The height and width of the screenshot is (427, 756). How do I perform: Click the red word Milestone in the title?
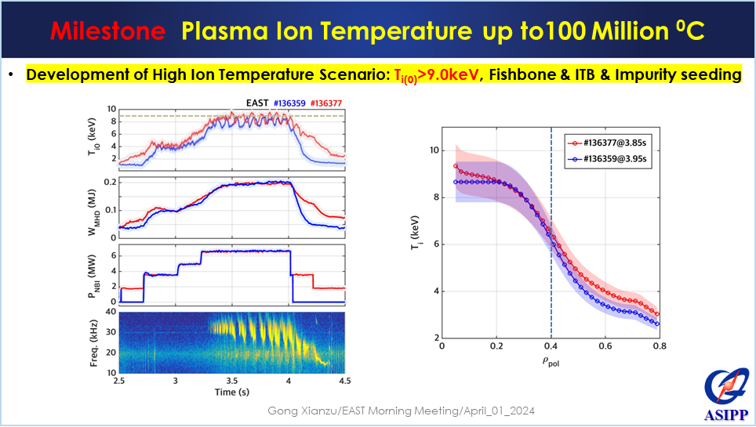(107, 31)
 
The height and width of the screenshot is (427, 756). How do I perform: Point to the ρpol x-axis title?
(551, 362)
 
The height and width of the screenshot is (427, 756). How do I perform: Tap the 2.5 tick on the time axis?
(119, 381)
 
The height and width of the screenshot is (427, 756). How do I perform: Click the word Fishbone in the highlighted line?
(525, 75)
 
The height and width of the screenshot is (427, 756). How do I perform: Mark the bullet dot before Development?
(12, 75)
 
